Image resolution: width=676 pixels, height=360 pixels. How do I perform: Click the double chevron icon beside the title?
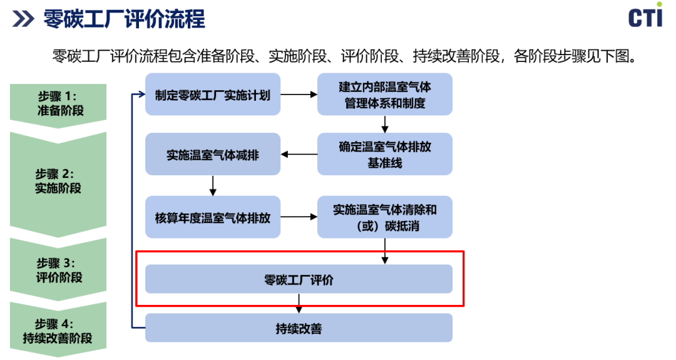pyautogui.click(x=23, y=19)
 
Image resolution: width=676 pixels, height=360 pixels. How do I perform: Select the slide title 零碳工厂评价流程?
pyautogui.click(x=124, y=19)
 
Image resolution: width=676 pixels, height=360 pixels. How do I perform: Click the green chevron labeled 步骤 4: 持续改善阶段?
pyautogui.click(x=58, y=330)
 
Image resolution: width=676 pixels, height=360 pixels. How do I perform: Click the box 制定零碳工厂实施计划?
pyautogui.click(x=213, y=95)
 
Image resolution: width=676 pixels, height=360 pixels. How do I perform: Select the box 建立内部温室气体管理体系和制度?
pyautogui.click(x=384, y=95)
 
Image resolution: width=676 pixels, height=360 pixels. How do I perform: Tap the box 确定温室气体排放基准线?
pyautogui.click(x=384, y=154)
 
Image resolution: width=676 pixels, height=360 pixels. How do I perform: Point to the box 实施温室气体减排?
pyautogui.click(x=213, y=154)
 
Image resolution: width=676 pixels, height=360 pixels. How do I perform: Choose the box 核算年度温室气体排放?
pyautogui.click(x=213, y=217)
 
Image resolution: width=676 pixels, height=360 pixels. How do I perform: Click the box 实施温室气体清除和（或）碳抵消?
pyautogui.click(x=384, y=217)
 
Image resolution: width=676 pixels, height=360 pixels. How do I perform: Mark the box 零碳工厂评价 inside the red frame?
pyautogui.click(x=299, y=279)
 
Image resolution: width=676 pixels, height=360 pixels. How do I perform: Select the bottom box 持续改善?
pyautogui.click(x=299, y=328)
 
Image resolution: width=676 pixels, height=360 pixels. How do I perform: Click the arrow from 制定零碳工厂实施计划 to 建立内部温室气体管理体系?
pyautogui.click(x=299, y=95)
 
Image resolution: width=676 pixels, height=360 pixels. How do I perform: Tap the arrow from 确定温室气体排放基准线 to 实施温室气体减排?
pyautogui.click(x=299, y=154)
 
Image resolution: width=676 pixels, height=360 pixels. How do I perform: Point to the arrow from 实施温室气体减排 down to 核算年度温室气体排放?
pyautogui.click(x=213, y=185)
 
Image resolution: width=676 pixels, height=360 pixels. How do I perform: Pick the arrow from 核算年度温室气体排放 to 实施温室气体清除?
pyautogui.click(x=299, y=217)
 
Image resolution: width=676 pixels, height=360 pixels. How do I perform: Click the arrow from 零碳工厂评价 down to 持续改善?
pyautogui.click(x=299, y=304)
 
